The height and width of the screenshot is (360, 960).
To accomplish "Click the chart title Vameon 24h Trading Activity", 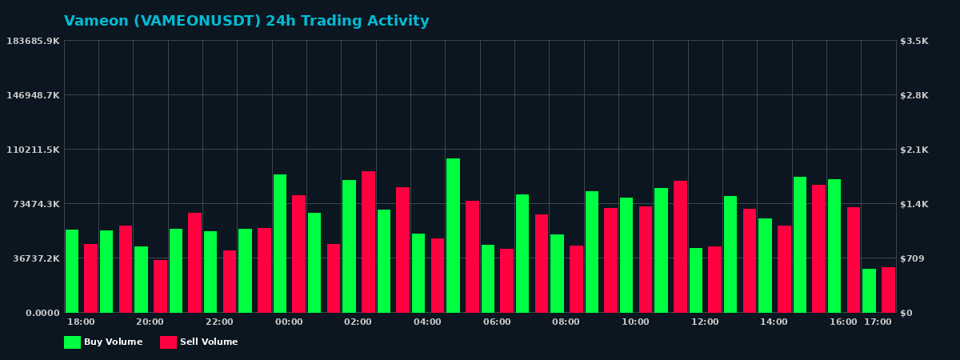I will click(x=246, y=22).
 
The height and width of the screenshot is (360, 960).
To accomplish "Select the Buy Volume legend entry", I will click(x=103, y=342).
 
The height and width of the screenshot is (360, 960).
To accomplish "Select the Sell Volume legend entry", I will click(x=199, y=342).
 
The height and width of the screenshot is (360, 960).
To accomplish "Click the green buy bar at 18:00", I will click(x=72, y=271).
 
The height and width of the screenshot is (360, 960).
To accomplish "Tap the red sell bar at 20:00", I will click(x=160, y=286).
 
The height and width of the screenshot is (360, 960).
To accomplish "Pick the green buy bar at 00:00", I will click(x=280, y=243).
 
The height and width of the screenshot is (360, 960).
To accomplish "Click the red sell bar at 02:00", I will click(x=368, y=242).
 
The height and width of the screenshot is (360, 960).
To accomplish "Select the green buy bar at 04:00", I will click(x=418, y=273).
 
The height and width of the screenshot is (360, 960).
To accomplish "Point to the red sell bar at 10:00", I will click(x=646, y=259).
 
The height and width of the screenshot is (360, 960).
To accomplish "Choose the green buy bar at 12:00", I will click(x=696, y=280).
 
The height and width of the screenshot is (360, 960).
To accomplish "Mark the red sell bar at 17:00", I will click(x=888, y=290).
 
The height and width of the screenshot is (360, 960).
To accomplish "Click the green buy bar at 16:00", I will click(x=834, y=246).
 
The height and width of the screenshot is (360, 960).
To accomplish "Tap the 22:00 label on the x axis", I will click(x=219, y=322).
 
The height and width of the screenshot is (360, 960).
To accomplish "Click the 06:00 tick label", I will click(x=497, y=322).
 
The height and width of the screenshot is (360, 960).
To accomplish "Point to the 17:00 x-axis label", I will click(x=878, y=322).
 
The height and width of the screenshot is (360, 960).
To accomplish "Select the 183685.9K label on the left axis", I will click(x=33, y=41).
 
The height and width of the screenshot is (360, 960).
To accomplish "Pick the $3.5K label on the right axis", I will click(x=914, y=41).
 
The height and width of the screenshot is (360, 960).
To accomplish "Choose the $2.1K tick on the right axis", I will click(x=914, y=150).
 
